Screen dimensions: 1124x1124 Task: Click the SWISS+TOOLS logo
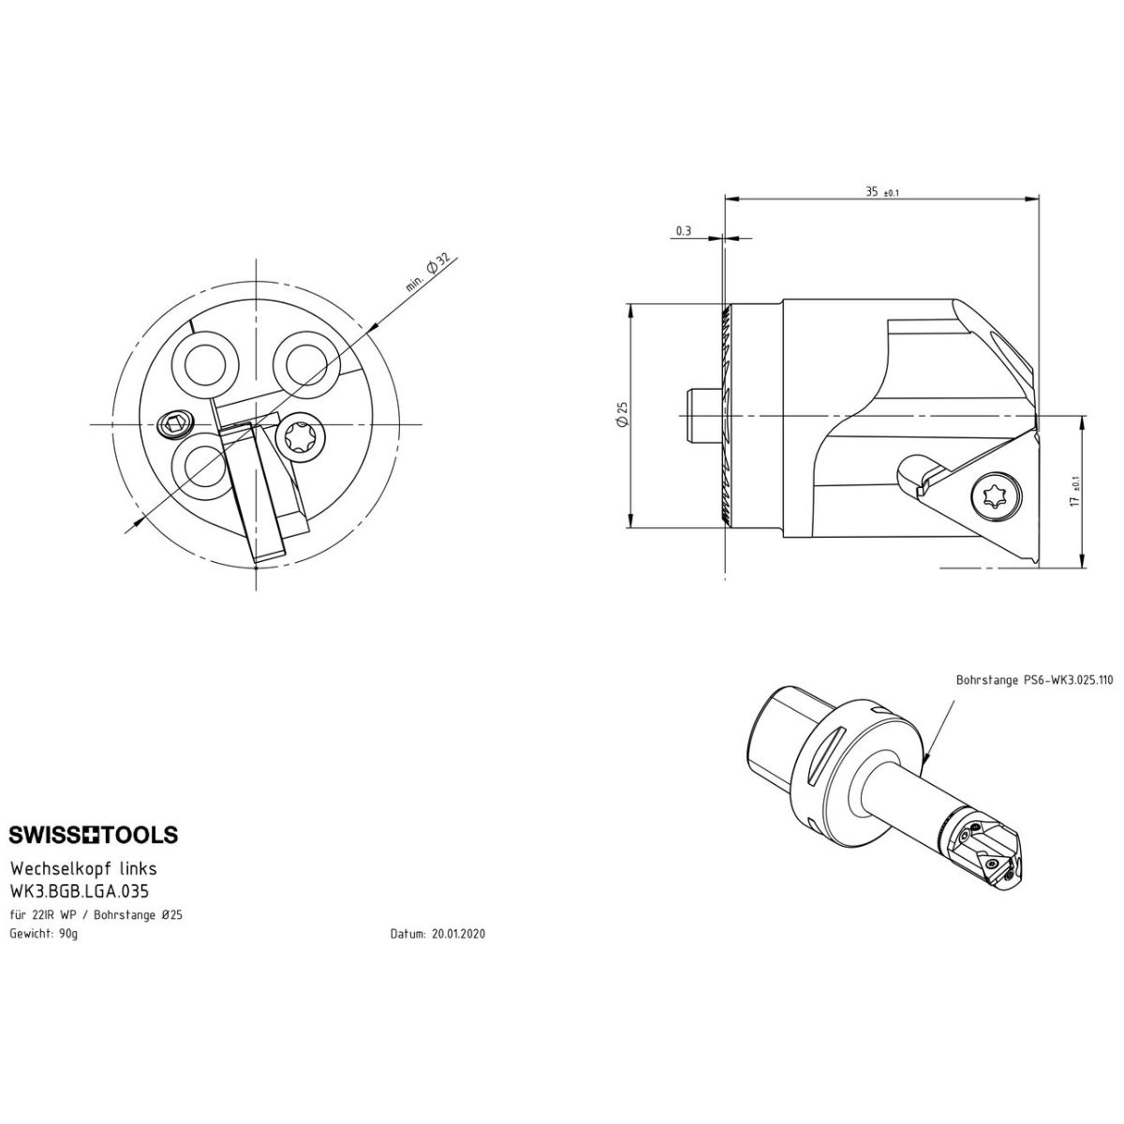(x=94, y=835)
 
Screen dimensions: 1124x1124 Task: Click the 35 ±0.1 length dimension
(x=882, y=192)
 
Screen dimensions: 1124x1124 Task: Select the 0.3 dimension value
(x=684, y=231)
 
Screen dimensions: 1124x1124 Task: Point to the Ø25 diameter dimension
(x=622, y=415)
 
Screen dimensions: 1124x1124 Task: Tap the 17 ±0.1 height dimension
(x=1074, y=492)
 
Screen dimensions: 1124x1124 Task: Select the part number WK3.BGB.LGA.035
(x=80, y=892)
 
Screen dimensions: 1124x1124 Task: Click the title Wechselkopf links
(x=83, y=868)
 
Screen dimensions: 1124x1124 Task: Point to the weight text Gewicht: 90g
(x=44, y=934)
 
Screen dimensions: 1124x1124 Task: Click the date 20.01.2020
(x=458, y=934)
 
